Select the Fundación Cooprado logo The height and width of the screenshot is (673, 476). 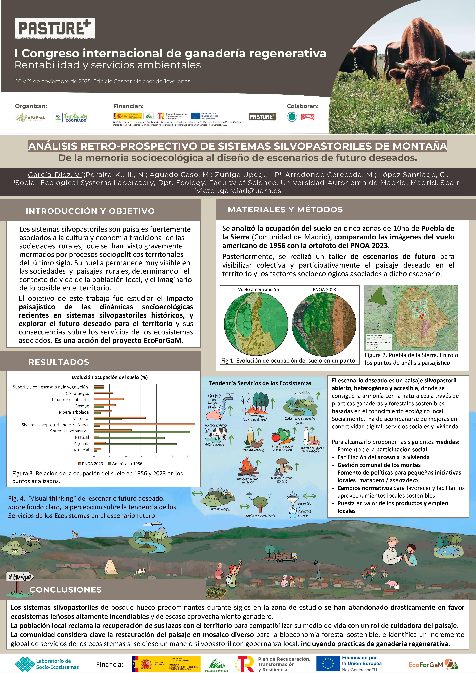tap(70, 118)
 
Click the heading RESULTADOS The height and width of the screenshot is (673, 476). tap(59, 362)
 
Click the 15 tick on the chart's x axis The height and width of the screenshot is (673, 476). tap(141, 456)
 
